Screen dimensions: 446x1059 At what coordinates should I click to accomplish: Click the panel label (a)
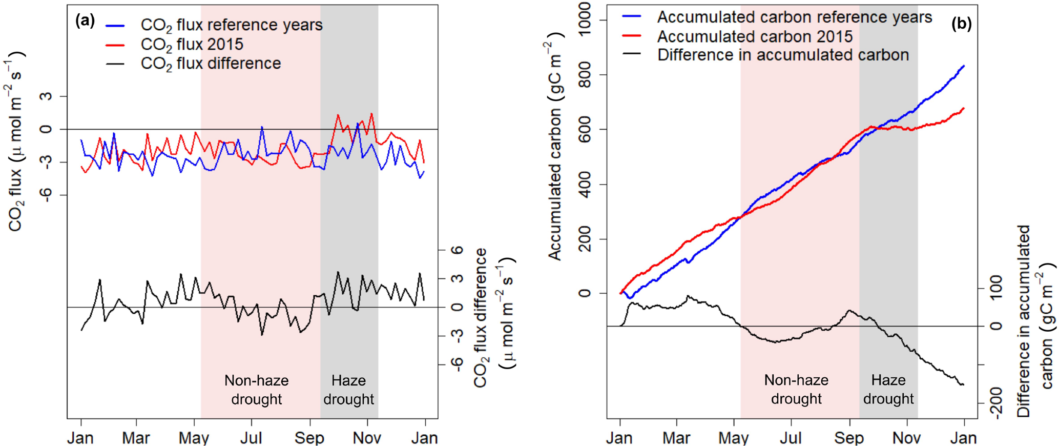[85, 21]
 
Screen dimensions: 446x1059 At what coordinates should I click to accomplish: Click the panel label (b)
[961, 24]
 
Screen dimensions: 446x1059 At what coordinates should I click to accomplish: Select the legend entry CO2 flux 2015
[192, 45]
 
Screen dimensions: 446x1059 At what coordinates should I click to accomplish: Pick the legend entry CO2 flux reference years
[231, 25]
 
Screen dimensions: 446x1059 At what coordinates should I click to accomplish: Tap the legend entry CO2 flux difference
[211, 64]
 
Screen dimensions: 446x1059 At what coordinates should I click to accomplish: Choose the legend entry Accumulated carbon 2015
[754, 36]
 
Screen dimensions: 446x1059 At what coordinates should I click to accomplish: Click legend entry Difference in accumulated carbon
[783, 55]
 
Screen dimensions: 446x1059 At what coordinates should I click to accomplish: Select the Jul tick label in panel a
[251, 438]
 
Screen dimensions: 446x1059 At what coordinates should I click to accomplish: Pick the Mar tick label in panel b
[676, 438]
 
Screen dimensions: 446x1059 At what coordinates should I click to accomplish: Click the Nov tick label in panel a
[367, 438]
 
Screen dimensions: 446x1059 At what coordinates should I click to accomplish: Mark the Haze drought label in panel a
[348, 390]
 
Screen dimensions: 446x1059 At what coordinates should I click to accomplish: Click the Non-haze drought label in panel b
[796, 389]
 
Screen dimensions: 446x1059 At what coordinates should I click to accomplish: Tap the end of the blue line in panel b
[964, 66]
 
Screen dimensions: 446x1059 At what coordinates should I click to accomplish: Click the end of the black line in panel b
[963, 384]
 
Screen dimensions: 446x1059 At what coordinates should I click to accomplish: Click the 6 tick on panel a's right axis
[458, 250]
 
